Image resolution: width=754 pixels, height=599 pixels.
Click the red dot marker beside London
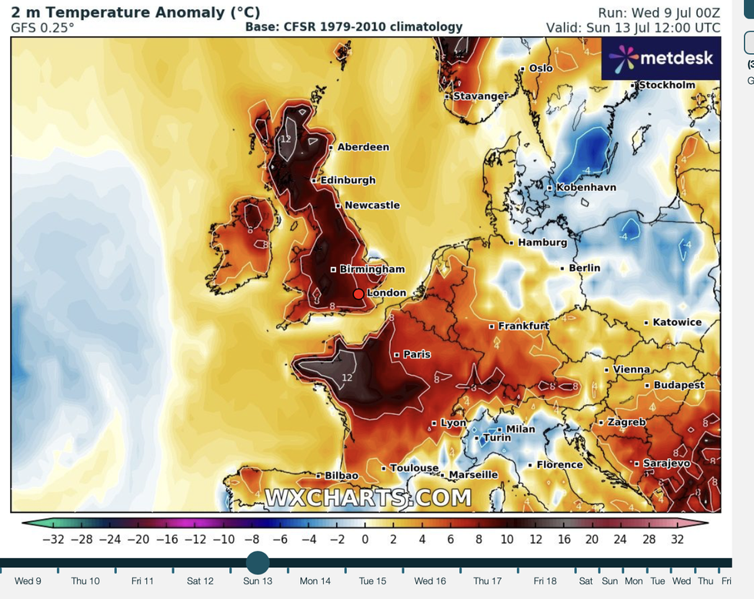pyautogui.click(x=359, y=294)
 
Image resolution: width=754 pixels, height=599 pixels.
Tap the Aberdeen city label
pyautogui.click(x=363, y=147)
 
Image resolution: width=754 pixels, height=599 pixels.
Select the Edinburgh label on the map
pyautogui.click(x=348, y=180)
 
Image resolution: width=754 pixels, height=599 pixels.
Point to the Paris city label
pyautogui.click(x=417, y=355)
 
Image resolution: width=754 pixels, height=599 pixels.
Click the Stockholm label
pyautogui.click(x=666, y=85)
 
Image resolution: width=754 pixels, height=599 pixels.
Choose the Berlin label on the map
pyautogui.click(x=585, y=268)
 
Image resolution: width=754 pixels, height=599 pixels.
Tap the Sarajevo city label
pyautogui.click(x=666, y=463)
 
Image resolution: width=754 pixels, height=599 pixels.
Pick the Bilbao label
pyautogui.click(x=342, y=476)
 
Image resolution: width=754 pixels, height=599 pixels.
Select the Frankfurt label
pyautogui.click(x=523, y=326)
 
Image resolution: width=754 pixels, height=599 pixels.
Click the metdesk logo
pyautogui.click(x=662, y=59)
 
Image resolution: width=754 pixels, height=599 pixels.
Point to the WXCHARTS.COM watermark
pyautogui.click(x=369, y=498)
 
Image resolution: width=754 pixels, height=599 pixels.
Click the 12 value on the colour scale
pyautogui.click(x=535, y=540)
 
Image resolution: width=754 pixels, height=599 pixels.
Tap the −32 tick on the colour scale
pyautogui.click(x=52, y=540)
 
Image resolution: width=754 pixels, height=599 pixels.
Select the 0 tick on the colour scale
pyautogui.click(x=365, y=540)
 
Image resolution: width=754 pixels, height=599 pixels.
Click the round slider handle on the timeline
pyautogui.click(x=258, y=562)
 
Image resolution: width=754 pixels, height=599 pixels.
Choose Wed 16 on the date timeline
pyautogui.click(x=430, y=581)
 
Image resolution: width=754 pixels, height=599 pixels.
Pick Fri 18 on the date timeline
pyautogui.click(x=545, y=581)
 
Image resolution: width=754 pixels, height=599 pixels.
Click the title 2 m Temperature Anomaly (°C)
pyautogui.click(x=135, y=12)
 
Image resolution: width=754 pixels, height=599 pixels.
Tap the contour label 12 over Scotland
pyautogui.click(x=285, y=139)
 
